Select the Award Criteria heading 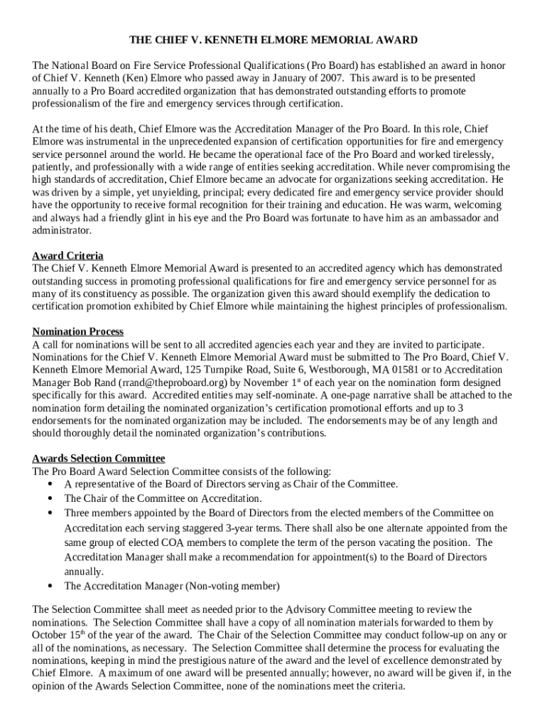click(67, 255)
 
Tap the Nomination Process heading click(77, 331)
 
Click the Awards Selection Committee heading click(99, 459)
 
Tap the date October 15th click(60, 635)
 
